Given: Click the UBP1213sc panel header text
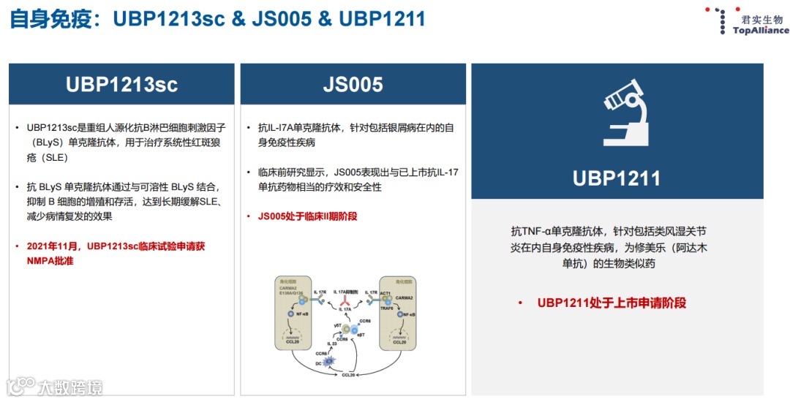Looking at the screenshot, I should coord(121,84).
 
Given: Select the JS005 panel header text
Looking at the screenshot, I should coord(353,84).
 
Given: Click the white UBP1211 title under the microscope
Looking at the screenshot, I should coord(616,178).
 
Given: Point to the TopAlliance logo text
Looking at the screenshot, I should coord(761,31).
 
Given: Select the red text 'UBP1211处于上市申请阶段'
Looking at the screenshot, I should coord(612,303).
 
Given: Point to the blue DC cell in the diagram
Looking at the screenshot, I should coord(329,361).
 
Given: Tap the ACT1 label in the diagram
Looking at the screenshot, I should coord(385,292).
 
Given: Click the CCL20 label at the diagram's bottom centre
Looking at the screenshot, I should coord(349,376).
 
